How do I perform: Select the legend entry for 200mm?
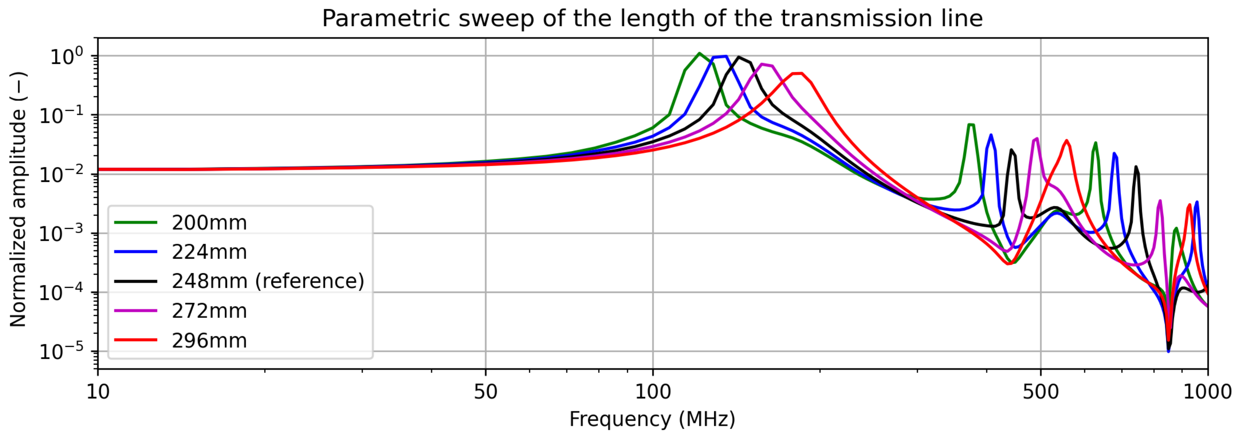[x=209, y=223]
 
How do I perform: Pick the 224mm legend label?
[x=209, y=252]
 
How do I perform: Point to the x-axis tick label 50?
[x=485, y=392]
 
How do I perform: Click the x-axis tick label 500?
[x=1041, y=392]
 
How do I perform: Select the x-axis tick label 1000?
[x=1207, y=392]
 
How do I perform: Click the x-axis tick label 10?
[x=98, y=392]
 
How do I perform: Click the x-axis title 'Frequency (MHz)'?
[x=652, y=419]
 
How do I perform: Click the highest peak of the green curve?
[x=699, y=53]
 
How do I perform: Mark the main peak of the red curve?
[x=797, y=73]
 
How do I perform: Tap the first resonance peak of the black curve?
[x=739, y=57]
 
